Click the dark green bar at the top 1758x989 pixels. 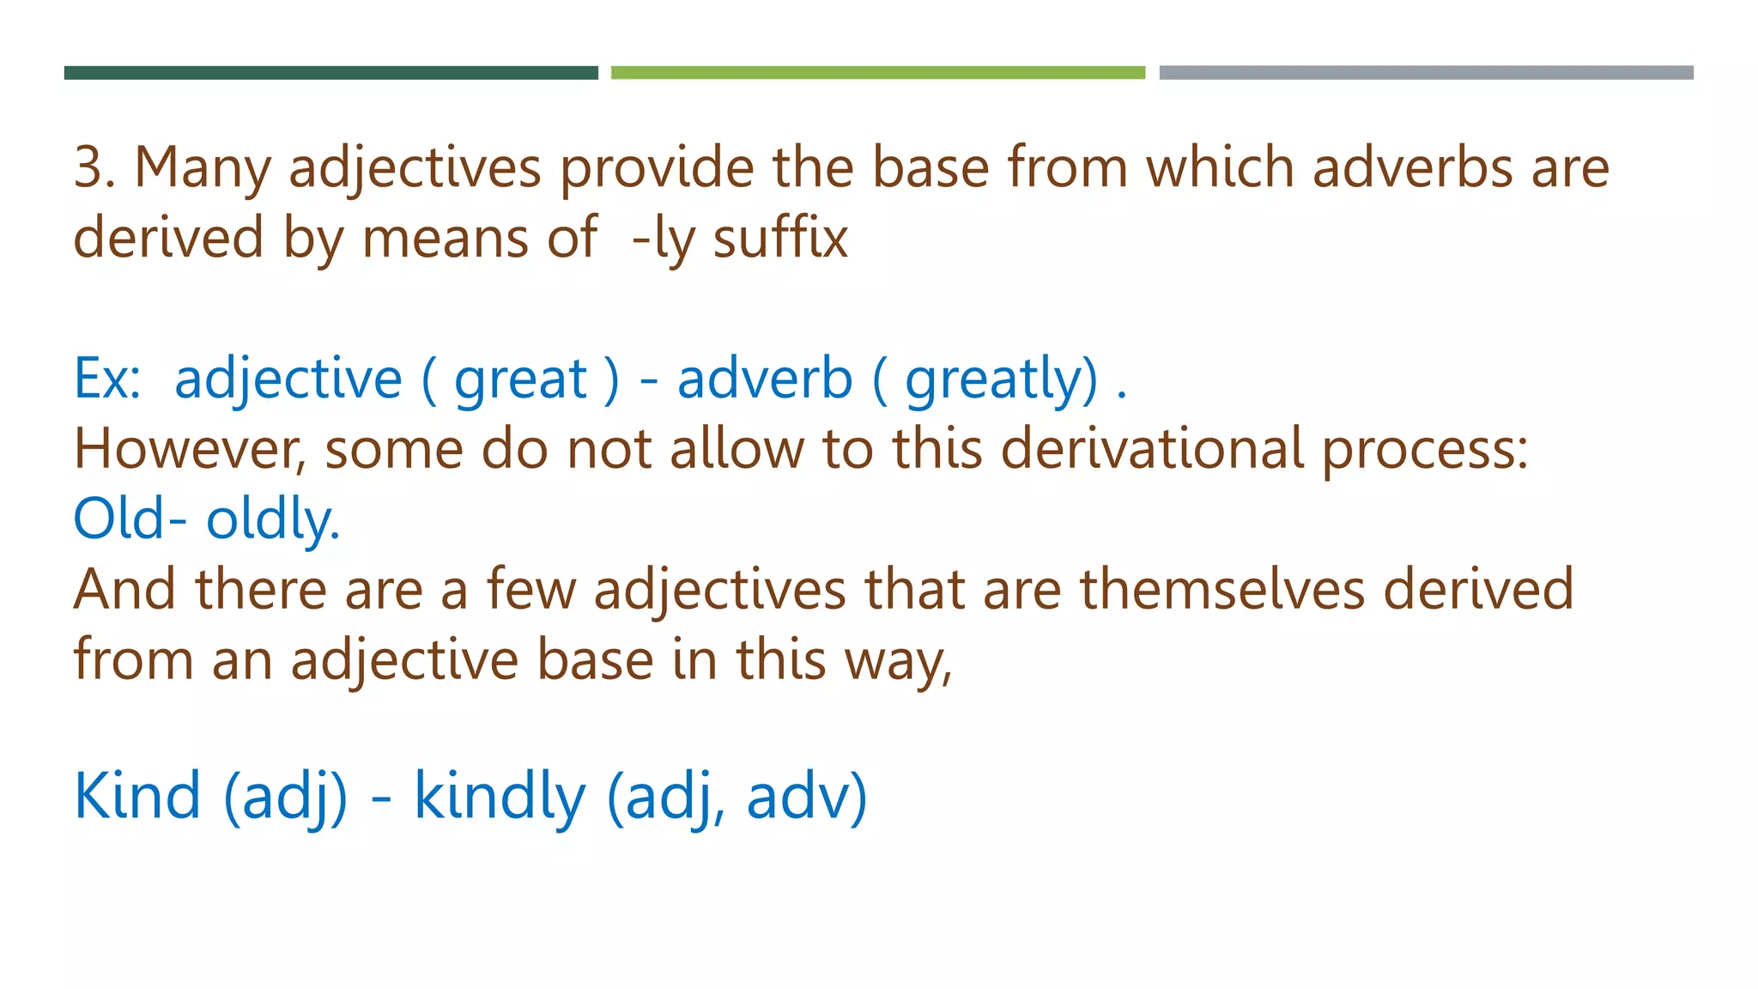[x=330, y=73]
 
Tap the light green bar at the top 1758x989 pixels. [x=877, y=73]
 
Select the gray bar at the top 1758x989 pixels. [x=1426, y=73]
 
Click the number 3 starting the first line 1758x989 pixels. [x=89, y=167]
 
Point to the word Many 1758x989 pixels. [x=203, y=168]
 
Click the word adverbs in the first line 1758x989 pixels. [x=1412, y=167]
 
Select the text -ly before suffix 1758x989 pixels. [x=661, y=239]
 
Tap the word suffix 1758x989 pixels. [x=780, y=238]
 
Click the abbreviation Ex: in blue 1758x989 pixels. [x=107, y=379]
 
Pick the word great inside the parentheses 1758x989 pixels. [x=520, y=380]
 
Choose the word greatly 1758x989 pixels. [x=1001, y=380]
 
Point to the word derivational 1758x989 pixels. [x=1152, y=449]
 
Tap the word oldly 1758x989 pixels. [x=272, y=520]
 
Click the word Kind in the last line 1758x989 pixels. [x=137, y=795]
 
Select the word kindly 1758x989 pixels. [x=500, y=797]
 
